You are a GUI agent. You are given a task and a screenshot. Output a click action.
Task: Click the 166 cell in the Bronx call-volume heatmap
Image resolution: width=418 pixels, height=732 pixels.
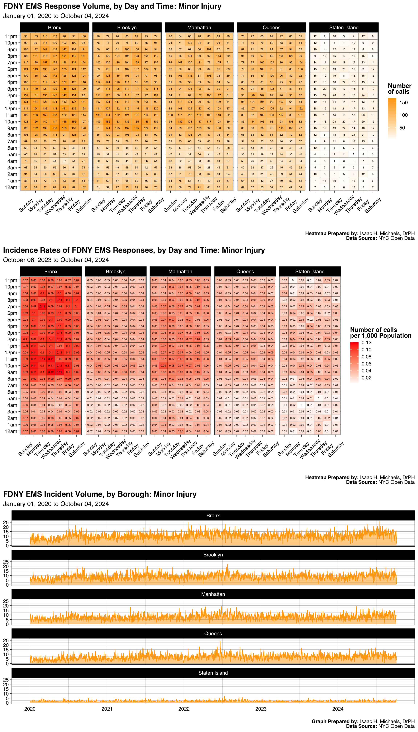click(x=55, y=128)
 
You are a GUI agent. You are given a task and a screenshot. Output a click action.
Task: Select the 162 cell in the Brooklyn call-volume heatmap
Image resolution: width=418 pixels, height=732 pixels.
click(x=108, y=121)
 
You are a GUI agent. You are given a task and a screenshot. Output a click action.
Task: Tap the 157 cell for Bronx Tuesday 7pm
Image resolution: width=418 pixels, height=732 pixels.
click(x=45, y=62)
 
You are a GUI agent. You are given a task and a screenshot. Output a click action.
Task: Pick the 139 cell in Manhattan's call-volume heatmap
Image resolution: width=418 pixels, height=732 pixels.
click(x=180, y=121)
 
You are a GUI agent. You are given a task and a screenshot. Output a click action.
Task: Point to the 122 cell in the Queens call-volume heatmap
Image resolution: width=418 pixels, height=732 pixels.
click(x=300, y=109)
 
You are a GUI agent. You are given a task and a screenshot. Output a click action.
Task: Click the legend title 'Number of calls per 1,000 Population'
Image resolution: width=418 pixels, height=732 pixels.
click(x=380, y=333)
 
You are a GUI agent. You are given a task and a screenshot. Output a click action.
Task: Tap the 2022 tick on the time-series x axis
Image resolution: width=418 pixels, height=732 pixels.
click(x=184, y=709)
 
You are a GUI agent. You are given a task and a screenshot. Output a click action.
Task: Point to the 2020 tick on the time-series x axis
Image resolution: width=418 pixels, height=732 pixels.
click(x=30, y=709)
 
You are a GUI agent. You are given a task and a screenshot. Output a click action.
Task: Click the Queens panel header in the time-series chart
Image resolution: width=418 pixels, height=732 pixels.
click(x=213, y=633)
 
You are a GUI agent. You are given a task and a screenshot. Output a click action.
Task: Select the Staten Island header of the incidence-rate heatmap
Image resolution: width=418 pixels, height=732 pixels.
click(x=310, y=271)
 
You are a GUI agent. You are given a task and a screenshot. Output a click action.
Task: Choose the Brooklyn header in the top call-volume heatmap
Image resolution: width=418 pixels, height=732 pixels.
click(x=127, y=28)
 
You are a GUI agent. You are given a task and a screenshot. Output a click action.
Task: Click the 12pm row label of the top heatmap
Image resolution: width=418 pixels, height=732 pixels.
click(x=11, y=109)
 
